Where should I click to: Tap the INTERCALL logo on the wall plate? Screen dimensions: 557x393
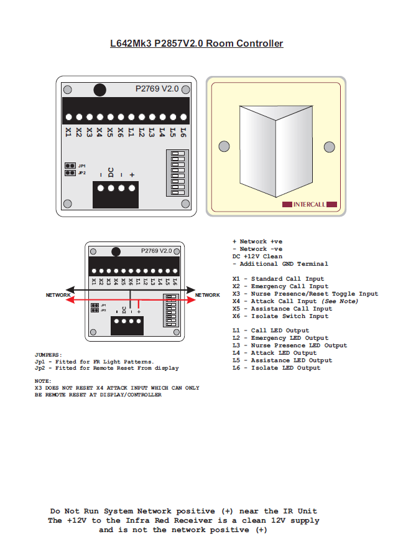(309, 204)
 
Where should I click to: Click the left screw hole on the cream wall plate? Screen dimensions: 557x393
(224, 147)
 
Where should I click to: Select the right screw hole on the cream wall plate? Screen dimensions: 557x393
(328, 147)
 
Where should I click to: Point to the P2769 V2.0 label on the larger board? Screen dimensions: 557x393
(157, 89)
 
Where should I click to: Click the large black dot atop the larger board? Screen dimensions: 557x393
(99, 90)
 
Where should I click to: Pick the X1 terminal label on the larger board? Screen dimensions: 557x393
(68, 132)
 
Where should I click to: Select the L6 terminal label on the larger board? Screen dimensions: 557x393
(183, 132)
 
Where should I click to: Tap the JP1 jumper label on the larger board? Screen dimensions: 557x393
(81, 166)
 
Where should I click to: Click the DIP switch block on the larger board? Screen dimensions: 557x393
(177, 172)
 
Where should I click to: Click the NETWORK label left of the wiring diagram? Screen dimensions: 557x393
(58, 295)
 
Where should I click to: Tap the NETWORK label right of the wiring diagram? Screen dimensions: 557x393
(208, 295)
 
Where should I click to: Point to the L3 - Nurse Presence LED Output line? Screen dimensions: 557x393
(289, 345)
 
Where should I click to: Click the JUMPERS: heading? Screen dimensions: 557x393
(49, 355)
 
